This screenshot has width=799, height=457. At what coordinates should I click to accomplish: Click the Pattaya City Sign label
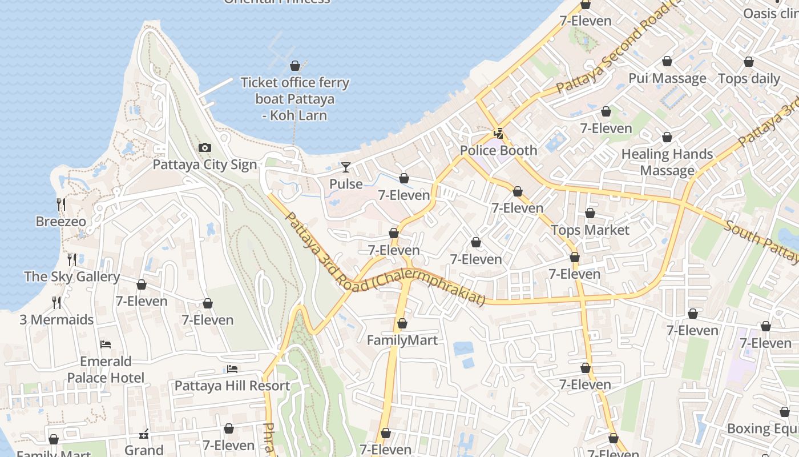[x=205, y=165]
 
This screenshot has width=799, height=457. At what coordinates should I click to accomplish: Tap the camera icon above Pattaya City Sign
[x=205, y=148]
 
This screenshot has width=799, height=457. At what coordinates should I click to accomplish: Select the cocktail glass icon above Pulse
[x=346, y=167]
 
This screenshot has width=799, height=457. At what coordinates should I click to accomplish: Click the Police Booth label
[x=498, y=151]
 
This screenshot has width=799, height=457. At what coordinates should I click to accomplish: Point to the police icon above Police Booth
[x=499, y=134]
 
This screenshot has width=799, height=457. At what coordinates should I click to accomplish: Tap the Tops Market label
[x=590, y=230]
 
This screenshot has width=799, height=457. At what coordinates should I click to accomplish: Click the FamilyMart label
[x=402, y=340]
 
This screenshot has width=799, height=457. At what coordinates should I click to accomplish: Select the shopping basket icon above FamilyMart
[x=402, y=324]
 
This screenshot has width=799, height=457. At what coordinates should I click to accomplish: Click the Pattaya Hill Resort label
[x=232, y=386]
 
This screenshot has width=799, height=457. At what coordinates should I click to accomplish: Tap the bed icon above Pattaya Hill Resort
[x=232, y=369]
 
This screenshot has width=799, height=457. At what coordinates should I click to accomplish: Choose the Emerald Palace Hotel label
[x=106, y=370]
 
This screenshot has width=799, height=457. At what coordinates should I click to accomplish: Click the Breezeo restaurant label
[x=61, y=222]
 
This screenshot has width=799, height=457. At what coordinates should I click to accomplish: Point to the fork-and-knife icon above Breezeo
[x=61, y=204]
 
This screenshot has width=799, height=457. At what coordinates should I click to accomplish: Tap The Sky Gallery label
[x=72, y=277]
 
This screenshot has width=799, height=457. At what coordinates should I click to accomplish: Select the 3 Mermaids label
[x=57, y=320]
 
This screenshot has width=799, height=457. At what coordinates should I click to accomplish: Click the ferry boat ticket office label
[x=294, y=99]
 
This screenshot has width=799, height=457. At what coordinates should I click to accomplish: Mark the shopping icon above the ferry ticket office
[x=295, y=66]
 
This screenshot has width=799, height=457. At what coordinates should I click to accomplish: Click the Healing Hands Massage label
[x=667, y=162]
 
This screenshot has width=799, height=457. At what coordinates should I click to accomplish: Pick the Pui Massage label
[x=667, y=78]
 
